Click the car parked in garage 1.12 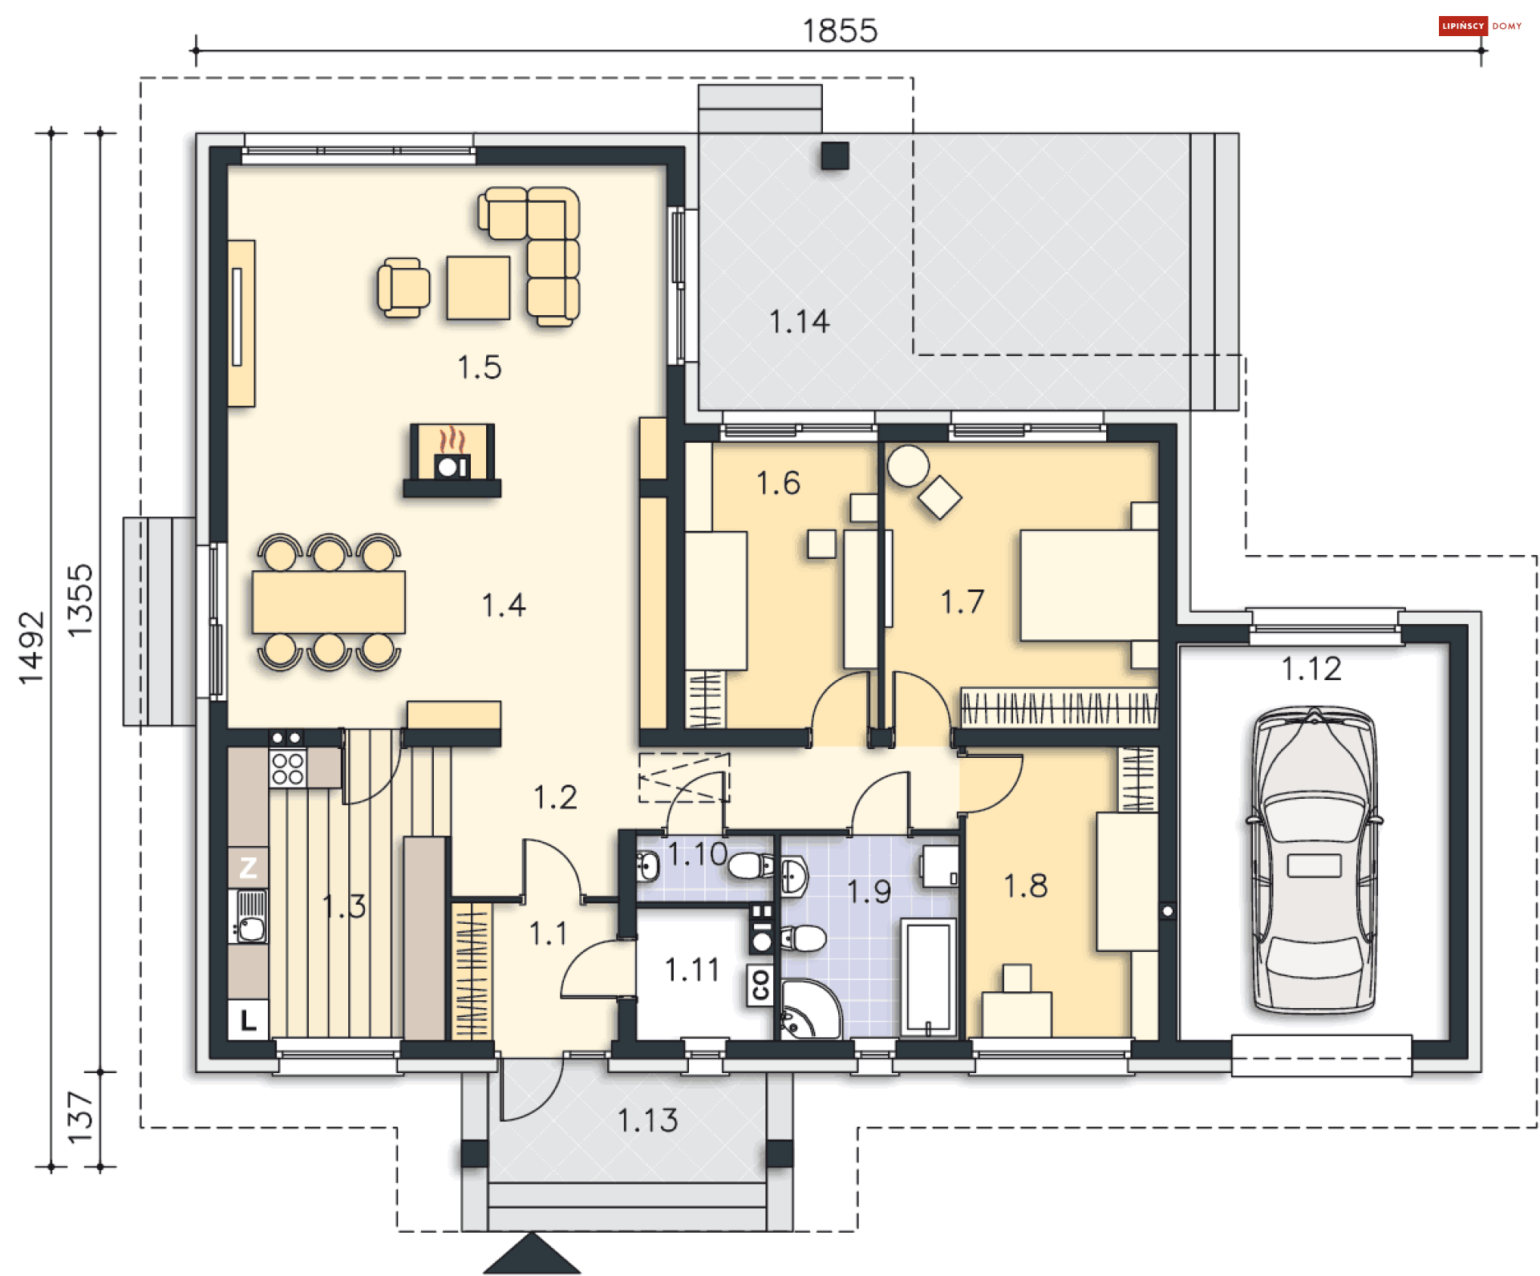coord(1314,860)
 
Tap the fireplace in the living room coord(452,460)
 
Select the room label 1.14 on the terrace coord(799,322)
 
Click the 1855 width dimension coord(840,30)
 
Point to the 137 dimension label coord(80,1117)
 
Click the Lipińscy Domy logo coord(1481,26)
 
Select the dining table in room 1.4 coord(329,602)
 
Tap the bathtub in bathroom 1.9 coord(929,978)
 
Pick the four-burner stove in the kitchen coord(287,768)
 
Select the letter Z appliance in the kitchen coord(248,867)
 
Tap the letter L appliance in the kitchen coord(248,1019)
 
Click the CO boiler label coord(760,984)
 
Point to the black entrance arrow coord(532,1254)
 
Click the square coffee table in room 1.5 coord(478,288)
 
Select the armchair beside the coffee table coord(403,287)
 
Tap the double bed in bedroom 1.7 coord(1088,585)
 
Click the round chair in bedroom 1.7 coord(908,466)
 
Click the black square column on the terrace coord(835,156)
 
